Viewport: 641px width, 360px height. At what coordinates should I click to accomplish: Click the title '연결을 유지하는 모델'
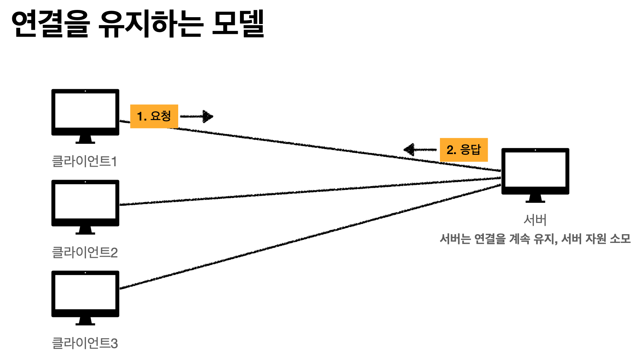138,24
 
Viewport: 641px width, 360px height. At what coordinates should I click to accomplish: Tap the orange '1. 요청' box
154,116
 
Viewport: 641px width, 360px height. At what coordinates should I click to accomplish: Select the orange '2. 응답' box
464,149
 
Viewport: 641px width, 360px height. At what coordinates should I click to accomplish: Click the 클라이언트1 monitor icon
85,112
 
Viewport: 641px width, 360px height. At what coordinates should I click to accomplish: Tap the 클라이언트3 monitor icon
85,294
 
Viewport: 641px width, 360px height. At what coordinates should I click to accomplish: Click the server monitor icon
535,172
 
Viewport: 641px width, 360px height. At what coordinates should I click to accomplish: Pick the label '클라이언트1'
84,161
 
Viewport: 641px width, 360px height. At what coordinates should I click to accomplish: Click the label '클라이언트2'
85,252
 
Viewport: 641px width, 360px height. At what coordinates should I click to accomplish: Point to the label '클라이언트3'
85,343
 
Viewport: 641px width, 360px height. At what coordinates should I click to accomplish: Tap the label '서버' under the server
535,220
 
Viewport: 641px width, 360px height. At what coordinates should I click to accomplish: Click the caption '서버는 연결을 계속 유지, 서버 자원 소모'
535,239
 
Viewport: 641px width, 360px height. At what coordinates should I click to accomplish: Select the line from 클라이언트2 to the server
305,191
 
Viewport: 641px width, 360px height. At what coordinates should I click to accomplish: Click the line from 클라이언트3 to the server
305,238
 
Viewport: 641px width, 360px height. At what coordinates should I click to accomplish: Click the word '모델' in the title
238,24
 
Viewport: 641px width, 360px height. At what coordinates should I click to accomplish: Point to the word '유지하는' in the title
150,24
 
